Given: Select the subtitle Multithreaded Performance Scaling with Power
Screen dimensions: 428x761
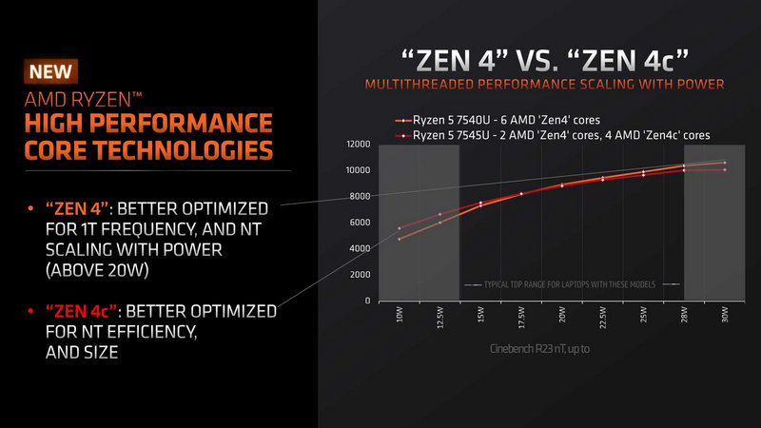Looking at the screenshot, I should tap(545, 86).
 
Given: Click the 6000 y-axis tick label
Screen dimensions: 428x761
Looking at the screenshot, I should tap(358, 223).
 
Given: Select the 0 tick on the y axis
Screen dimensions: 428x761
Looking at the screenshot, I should tap(364, 301).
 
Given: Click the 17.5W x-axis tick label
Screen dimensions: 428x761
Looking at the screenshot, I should tap(520, 318).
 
